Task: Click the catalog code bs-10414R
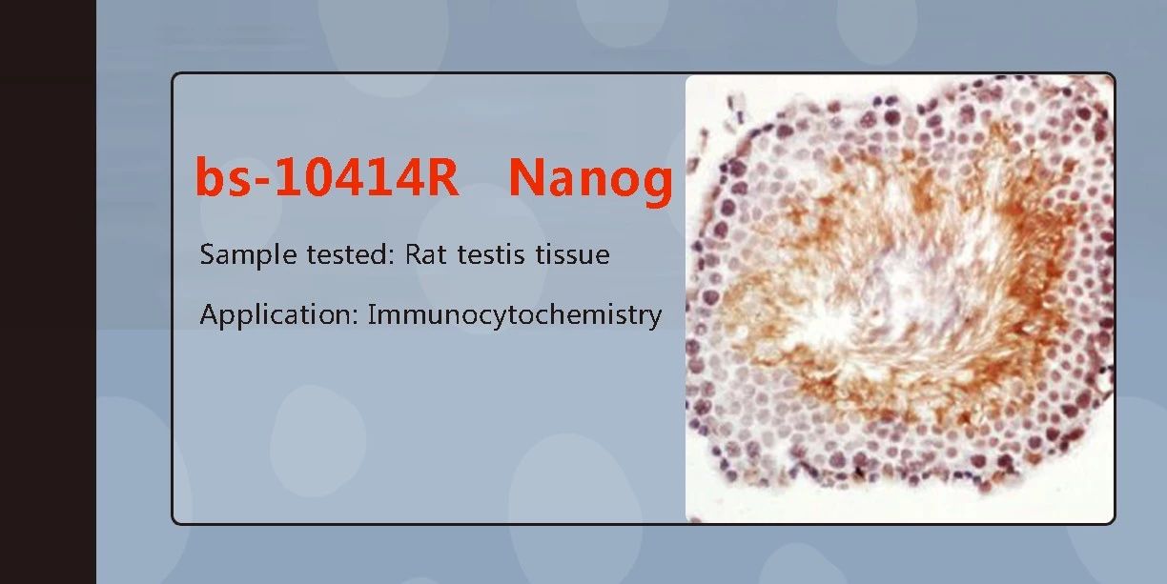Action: coord(327,176)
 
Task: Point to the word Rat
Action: coord(425,254)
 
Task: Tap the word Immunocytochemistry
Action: coord(515,315)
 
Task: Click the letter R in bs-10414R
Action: coord(441,176)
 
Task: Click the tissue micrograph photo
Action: coord(900,298)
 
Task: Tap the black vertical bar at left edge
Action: coord(48,292)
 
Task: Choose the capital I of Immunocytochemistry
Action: coord(372,314)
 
